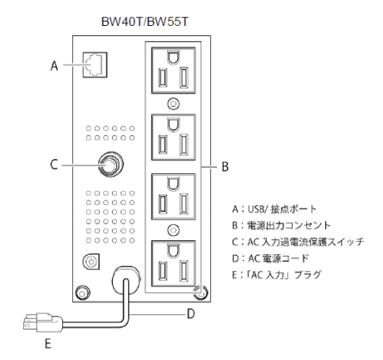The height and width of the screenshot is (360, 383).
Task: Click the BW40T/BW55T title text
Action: click(x=145, y=22)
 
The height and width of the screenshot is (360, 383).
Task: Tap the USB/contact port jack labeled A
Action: click(x=95, y=65)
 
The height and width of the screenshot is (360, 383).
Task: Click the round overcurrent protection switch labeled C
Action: click(x=110, y=164)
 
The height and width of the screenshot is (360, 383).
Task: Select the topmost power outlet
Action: click(x=174, y=71)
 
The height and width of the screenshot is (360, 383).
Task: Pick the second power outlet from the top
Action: click(x=174, y=137)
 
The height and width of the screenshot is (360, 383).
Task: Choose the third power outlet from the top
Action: click(x=174, y=196)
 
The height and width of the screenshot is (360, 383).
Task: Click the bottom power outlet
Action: click(x=174, y=264)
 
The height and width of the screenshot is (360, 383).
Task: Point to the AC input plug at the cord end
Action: click(x=43, y=323)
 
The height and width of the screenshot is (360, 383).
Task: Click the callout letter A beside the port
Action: click(x=54, y=65)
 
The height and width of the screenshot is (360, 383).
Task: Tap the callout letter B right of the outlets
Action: click(x=225, y=166)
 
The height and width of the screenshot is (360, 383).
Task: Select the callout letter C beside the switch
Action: click(x=54, y=164)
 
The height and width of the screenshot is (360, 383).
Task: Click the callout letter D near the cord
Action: click(x=191, y=313)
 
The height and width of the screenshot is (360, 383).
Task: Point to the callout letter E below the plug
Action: click(x=48, y=344)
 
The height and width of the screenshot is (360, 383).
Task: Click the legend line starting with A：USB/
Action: click(x=275, y=208)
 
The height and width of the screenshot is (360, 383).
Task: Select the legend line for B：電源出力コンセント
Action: click(x=281, y=226)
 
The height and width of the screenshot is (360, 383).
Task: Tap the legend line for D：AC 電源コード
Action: click(x=270, y=258)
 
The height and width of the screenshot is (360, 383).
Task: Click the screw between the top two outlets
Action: click(x=173, y=103)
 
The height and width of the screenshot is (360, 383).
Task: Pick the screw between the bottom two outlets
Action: click(x=173, y=230)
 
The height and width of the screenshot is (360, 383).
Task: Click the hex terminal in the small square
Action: click(x=91, y=262)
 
